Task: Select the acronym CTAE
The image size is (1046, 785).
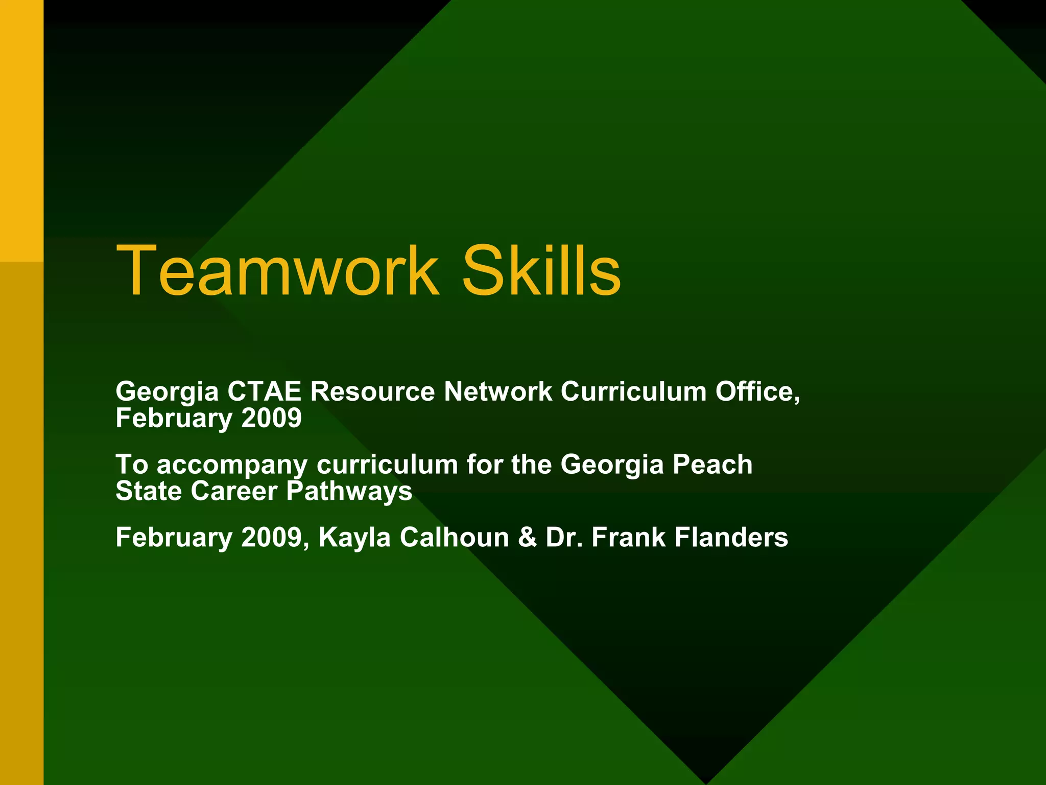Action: coord(264,391)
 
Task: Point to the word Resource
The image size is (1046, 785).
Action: coord(372,391)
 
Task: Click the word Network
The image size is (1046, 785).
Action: coord(498,391)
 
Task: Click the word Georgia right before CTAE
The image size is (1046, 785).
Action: coord(167,392)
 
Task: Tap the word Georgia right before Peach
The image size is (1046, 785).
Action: coord(612,465)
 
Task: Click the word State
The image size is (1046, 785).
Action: coord(149,491)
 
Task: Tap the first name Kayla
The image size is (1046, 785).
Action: coord(354,538)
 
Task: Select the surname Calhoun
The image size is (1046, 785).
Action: coord(454,537)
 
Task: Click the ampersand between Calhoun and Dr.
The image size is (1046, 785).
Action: coord(527,538)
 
